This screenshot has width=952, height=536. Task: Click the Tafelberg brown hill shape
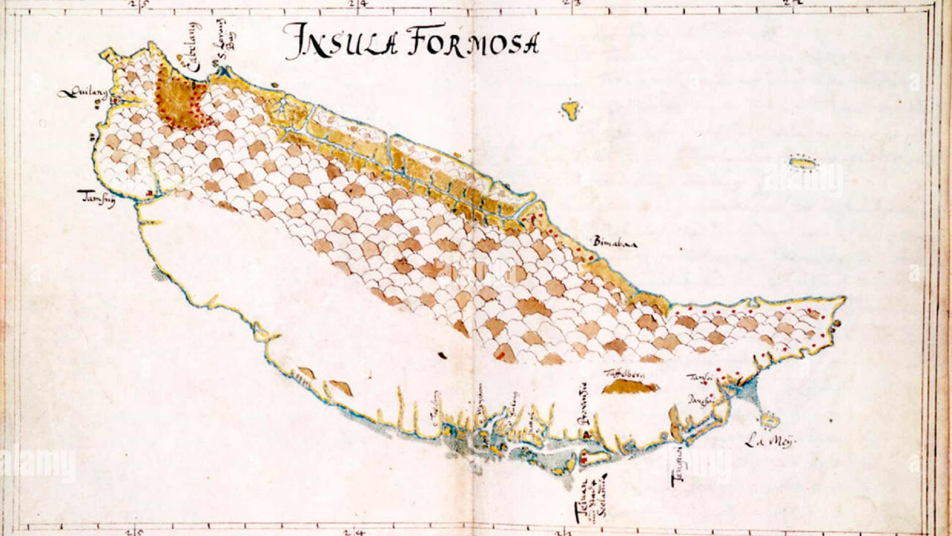coord(629,388)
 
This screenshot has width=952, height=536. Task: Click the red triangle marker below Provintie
coord(587,434)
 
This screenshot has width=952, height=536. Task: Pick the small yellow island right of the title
coord(572,109)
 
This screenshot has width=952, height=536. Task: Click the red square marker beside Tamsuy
coord(149,193)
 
